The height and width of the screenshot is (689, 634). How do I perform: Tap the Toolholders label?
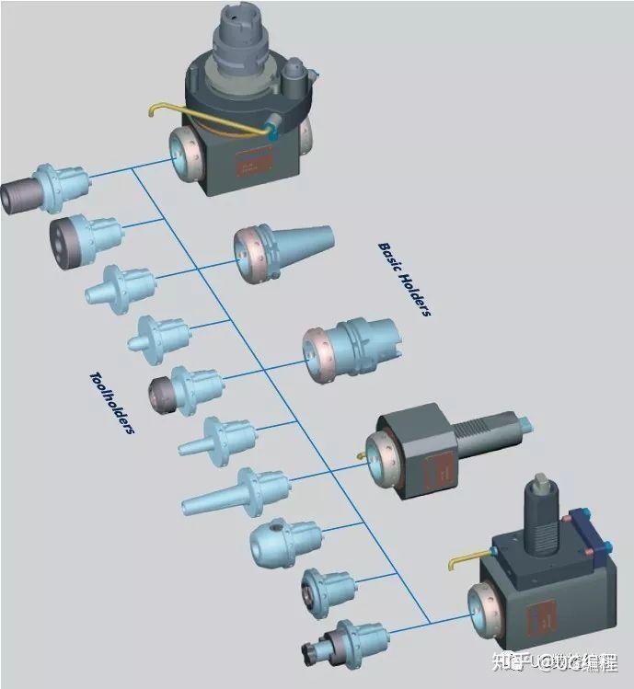tap(112, 402)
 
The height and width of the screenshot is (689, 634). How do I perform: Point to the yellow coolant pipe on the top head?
tap(184, 114)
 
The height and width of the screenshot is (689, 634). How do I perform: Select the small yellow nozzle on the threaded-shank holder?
tap(360, 454)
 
